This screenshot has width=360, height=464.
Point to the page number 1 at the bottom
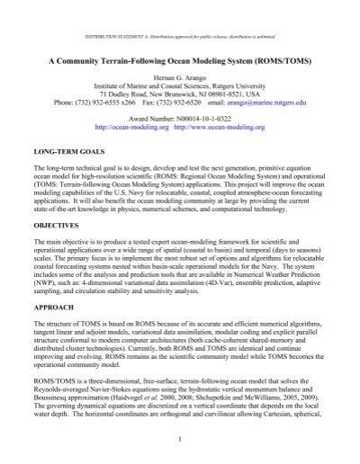coord(180,438)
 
